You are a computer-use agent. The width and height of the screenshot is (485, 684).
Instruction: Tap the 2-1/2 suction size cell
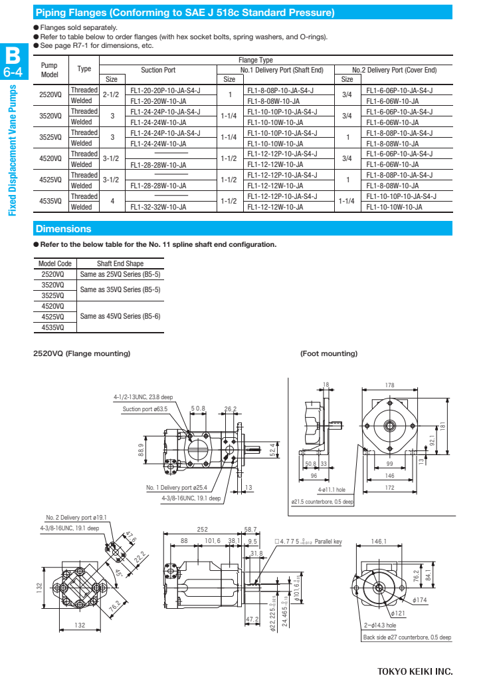[x=111, y=95]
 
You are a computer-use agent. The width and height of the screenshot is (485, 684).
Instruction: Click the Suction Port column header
[x=158, y=70]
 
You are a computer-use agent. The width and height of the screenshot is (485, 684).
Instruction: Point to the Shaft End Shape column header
[x=120, y=263]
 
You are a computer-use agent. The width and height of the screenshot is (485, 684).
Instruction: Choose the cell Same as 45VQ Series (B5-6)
[x=120, y=316]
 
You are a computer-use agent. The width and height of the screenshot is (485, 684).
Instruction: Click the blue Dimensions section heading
[x=64, y=229]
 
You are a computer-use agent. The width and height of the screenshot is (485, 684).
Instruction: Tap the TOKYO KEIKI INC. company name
[x=415, y=670]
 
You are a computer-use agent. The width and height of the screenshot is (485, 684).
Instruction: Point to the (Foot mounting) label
[x=329, y=353]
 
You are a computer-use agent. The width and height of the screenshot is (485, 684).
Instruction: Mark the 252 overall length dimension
[x=203, y=530]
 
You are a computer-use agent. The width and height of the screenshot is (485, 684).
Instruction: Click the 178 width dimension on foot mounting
[x=389, y=385]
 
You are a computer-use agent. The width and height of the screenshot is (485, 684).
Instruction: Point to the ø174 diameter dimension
[x=421, y=600]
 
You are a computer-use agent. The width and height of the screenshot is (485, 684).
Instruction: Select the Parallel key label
[x=328, y=542]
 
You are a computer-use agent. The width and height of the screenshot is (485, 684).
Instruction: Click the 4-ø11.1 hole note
[x=331, y=490]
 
